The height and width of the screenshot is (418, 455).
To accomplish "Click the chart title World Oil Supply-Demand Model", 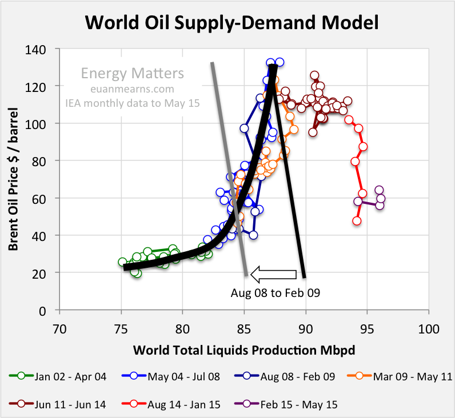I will pos(232,22).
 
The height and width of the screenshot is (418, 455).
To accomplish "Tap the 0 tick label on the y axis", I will pos(49,311).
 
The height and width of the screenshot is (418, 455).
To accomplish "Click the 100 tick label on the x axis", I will pos(428,329).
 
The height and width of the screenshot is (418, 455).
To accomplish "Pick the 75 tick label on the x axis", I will pos(121,329).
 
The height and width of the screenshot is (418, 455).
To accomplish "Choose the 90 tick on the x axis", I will pos(306,329).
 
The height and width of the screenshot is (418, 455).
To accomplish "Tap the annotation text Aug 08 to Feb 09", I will pos(275,294).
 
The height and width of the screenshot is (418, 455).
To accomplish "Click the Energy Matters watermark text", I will pos(133,74).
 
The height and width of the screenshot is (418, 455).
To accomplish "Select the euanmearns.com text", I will pos(133,89).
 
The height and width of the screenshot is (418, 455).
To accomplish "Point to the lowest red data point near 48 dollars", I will pos(357,221).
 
